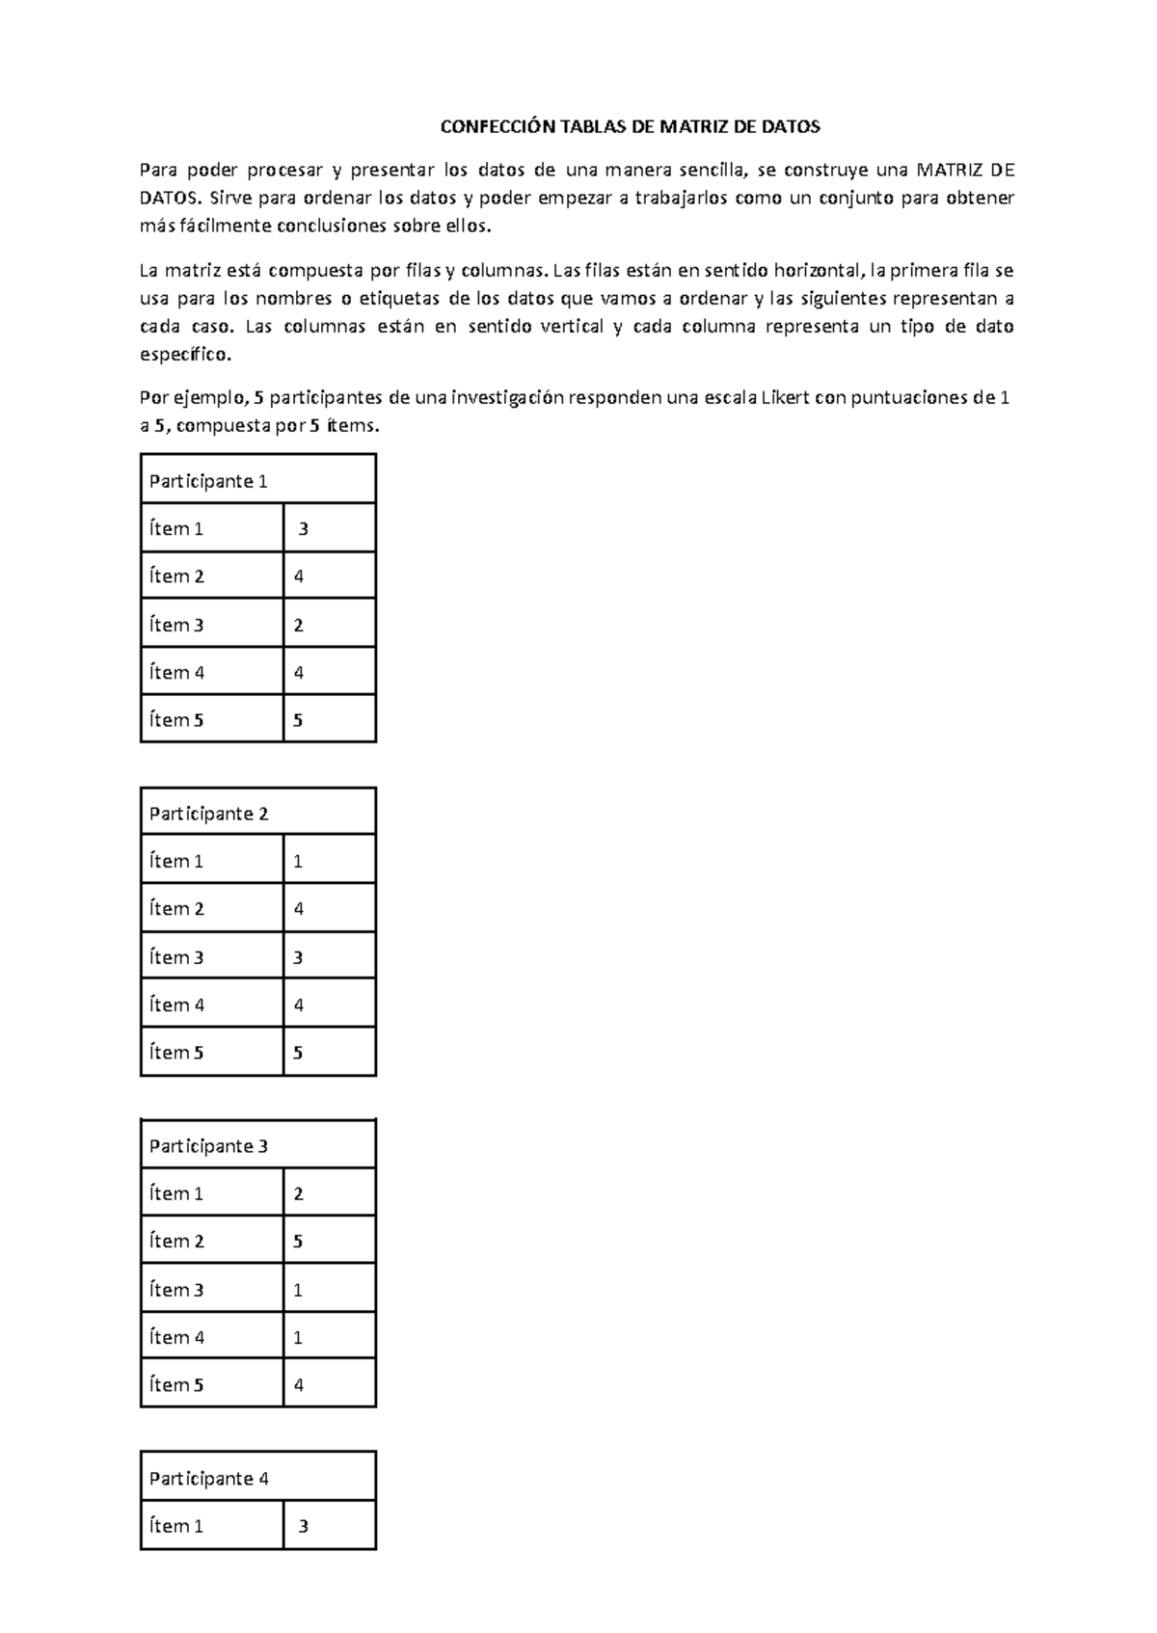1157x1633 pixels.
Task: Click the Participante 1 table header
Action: pos(208,481)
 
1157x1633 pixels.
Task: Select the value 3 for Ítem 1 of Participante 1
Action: pos(304,528)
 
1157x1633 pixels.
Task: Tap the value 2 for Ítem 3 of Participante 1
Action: pos(299,625)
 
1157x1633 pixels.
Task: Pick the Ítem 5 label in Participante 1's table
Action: pos(176,720)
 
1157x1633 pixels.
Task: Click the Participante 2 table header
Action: pos(208,814)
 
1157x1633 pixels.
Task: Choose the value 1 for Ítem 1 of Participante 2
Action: pos(298,861)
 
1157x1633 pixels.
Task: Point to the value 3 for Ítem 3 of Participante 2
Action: pos(299,957)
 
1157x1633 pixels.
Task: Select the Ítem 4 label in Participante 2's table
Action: pos(176,1004)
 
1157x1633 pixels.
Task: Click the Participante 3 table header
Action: pos(208,1146)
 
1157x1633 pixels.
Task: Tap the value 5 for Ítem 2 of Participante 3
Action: pos(298,1241)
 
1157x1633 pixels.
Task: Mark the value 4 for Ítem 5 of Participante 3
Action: pos(299,1384)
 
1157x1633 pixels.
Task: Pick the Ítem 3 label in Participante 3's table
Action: pos(176,1290)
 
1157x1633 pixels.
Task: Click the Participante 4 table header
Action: pos(208,1479)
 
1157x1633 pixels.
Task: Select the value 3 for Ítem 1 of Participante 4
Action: pos(304,1526)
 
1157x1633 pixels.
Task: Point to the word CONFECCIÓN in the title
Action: pos(498,126)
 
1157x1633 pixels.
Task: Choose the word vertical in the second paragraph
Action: pos(572,326)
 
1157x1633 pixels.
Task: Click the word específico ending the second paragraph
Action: pos(186,354)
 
